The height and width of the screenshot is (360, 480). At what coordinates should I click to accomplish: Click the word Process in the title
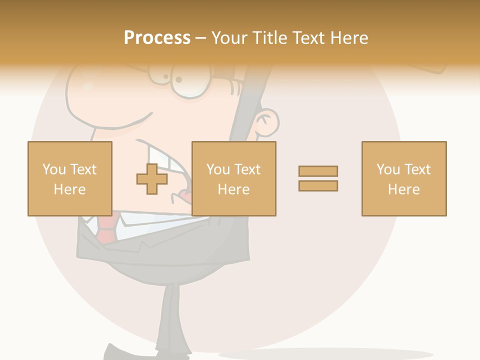point(157,38)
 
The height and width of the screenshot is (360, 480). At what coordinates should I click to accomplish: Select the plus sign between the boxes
point(152,179)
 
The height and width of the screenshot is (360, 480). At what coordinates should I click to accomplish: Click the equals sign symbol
point(318,178)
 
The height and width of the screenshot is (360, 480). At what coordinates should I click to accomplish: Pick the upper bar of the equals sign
point(318,171)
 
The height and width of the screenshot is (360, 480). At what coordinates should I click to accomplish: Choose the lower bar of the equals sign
point(318,186)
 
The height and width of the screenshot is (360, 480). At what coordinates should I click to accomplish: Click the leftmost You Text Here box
point(69,178)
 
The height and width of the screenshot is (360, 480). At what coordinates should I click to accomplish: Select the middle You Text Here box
point(233,178)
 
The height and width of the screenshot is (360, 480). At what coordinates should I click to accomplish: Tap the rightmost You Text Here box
point(403,178)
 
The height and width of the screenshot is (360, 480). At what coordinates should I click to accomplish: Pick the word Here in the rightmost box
point(403,189)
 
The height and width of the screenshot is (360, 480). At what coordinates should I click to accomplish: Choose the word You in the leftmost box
point(54,169)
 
